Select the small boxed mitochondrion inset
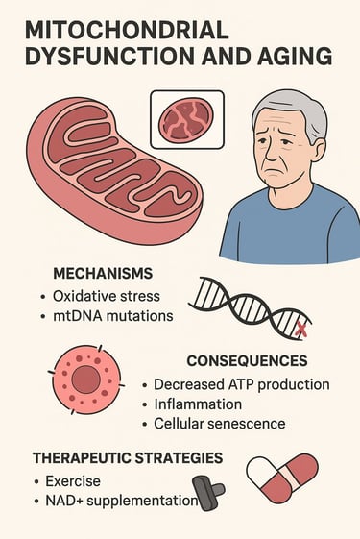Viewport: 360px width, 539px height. coord(186,119)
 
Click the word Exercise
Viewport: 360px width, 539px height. coord(73,480)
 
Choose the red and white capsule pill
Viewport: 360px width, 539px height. coord(281,478)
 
